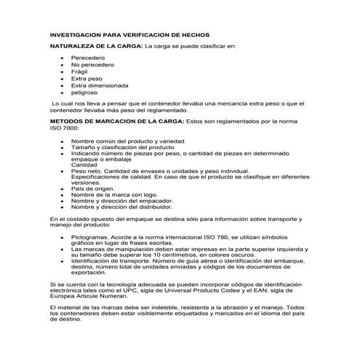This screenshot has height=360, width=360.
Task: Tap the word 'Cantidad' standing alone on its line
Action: [84, 164]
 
